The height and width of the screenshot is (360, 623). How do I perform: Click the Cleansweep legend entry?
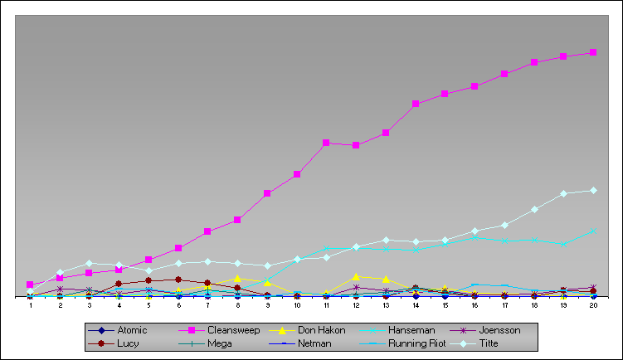(x=219, y=330)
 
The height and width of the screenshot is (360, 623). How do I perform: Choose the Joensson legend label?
(x=499, y=330)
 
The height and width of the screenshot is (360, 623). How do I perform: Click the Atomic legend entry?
(x=117, y=330)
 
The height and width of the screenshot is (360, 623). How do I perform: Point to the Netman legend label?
(x=314, y=343)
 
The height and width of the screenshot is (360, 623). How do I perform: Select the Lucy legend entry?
(x=114, y=343)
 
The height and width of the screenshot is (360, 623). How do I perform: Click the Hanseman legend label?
(x=411, y=330)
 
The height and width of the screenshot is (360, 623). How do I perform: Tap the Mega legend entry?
(x=205, y=343)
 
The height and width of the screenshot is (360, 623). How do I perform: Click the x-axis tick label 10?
(x=297, y=305)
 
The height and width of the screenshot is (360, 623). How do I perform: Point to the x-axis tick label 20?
(x=593, y=305)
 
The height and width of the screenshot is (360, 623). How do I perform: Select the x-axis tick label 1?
(x=31, y=305)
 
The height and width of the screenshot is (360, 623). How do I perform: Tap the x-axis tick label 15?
(x=445, y=305)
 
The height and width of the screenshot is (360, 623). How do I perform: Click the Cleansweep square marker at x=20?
(x=593, y=52)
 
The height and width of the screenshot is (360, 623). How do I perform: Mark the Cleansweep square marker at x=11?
(x=326, y=143)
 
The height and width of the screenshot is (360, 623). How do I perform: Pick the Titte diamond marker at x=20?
(x=593, y=190)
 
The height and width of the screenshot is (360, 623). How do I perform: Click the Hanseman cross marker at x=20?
(x=593, y=231)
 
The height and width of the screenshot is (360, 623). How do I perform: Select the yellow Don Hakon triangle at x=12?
(x=356, y=276)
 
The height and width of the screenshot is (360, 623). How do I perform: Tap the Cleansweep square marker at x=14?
(x=416, y=104)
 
